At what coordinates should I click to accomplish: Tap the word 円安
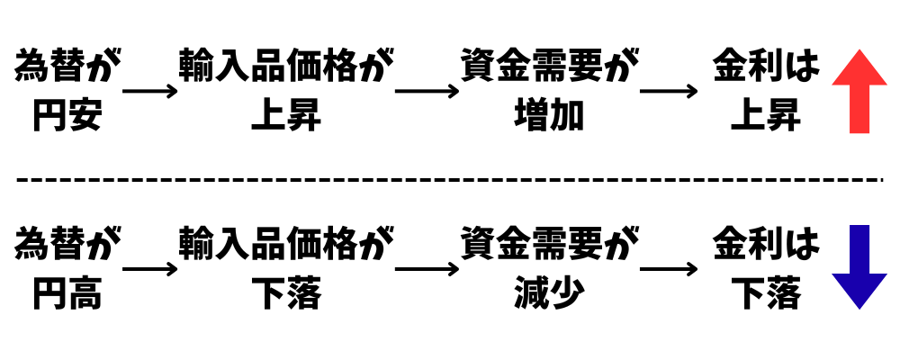pos(67,115)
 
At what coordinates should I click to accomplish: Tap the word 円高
pos(67,293)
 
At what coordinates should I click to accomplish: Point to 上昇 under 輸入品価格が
pos(286,115)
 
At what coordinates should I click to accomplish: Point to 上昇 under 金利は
pos(765,115)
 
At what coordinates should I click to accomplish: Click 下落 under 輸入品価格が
pos(286,293)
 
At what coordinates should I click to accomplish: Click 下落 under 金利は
pos(765,293)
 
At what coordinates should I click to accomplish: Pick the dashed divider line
pos(450,179)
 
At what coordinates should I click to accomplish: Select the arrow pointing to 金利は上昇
pos(668,91)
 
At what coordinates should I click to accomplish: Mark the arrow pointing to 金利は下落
pos(668,268)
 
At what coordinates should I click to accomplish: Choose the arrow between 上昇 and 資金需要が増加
pos(427,91)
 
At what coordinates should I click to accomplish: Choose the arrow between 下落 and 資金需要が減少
pos(427,268)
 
